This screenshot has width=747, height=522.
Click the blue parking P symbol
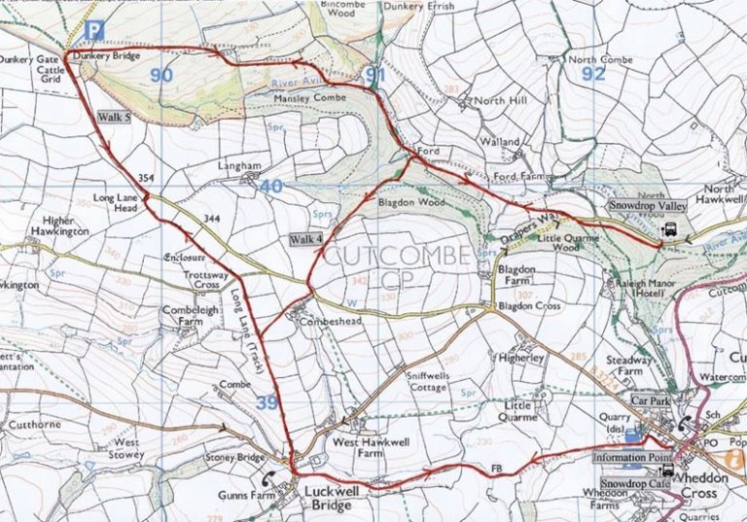93,31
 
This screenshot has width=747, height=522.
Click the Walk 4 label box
304,238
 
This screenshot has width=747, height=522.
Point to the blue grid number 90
162,75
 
